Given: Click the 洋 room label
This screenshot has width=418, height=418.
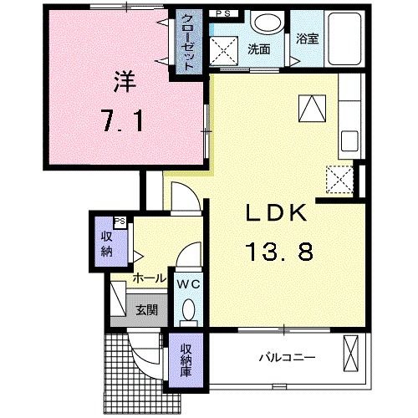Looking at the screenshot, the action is pyautogui.click(x=125, y=82).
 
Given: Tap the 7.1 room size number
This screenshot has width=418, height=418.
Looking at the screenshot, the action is pyautogui.click(x=123, y=120).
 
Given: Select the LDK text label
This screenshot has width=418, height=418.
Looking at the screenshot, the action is pyautogui.click(x=276, y=213).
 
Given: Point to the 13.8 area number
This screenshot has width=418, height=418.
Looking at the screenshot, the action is pyautogui.click(x=279, y=251).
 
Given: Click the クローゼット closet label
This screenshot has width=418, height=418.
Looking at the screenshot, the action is pyautogui.click(x=188, y=42).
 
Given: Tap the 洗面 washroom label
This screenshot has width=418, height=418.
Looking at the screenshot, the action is pyautogui.click(x=259, y=49).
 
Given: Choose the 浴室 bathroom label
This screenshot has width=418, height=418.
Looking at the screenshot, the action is pyautogui.click(x=307, y=38).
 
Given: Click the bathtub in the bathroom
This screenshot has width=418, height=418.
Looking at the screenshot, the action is pyautogui.click(x=344, y=39).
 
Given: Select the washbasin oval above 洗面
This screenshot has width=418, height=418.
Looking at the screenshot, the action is pyautogui.click(x=268, y=23).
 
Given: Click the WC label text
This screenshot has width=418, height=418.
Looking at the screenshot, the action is pyautogui.click(x=189, y=284).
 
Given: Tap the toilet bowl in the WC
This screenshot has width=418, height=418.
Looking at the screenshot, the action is pyautogui.click(x=189, y=308).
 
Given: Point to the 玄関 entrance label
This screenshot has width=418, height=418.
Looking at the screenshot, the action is pyautogui.click(x=147, y=309).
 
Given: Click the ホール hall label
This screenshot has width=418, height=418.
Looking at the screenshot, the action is pyautogui.click(x=149, y=278).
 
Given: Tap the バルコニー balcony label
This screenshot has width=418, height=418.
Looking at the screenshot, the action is pyautogui.click(x=288, y=357).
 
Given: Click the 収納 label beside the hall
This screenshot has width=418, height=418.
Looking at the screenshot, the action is pyautogui.click(x=107, y=244).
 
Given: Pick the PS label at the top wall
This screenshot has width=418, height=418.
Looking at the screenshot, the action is pyautogui.click(x=223, y=13).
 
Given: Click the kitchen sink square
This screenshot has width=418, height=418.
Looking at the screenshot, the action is pyautogui.click(x=349, y=141).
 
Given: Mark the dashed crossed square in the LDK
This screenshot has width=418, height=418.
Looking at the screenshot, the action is pyautogui.click(x=339, y=180).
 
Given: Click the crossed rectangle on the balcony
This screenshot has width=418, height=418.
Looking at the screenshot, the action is pyautogui.click(x=350, y=353).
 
